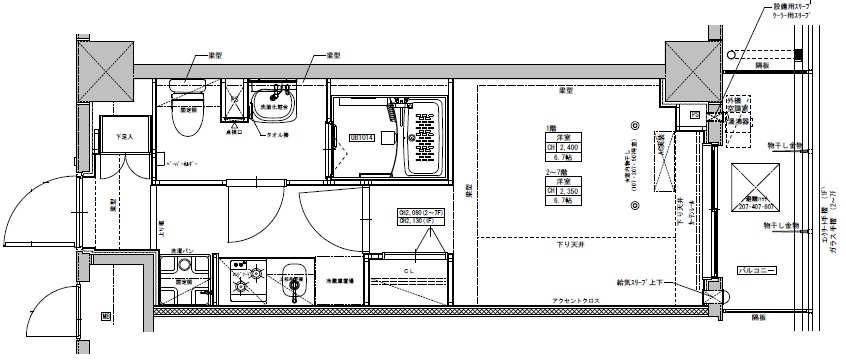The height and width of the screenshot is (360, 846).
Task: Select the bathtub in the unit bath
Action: click(x=420, y=139)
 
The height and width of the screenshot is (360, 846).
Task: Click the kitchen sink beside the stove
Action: click(x=293, y=280)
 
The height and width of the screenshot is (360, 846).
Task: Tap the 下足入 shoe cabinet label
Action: click(x=125, y=137)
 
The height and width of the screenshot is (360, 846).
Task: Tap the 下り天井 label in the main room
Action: click(x=572, y=244)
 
